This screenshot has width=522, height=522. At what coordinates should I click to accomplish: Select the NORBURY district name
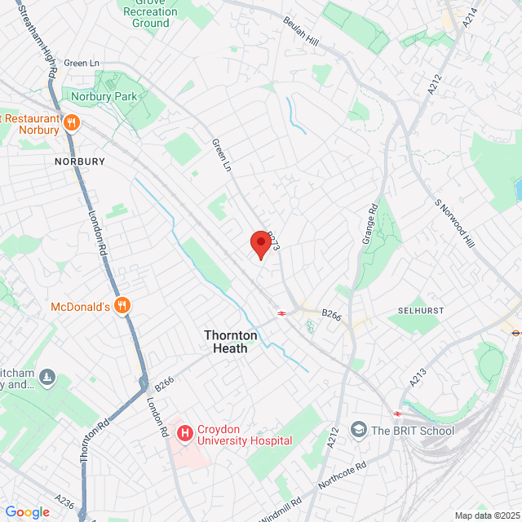click(80, 161)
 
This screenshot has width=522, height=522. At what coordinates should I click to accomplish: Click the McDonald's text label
click(80, 307)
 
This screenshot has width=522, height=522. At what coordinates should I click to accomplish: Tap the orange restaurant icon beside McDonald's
click(123, 306)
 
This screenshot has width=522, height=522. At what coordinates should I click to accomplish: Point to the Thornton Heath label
click(231, 342)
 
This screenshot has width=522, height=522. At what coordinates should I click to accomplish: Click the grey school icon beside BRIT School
click(358, 429)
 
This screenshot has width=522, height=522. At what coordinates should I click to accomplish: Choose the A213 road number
click(418, 377)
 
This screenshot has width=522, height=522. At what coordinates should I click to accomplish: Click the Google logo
click(28, 511)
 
